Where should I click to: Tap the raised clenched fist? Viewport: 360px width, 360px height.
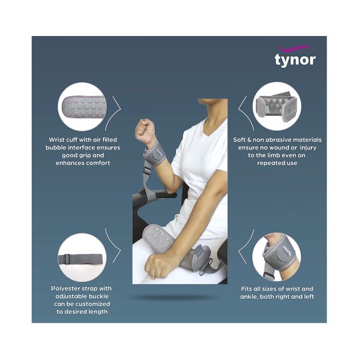click(x=145, y=128)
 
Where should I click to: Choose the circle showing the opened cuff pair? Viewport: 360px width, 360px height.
click(x=277, y=108)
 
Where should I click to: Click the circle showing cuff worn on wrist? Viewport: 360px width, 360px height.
click(x=276, y=258)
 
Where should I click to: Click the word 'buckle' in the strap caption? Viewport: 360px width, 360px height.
click(x=101, y=296)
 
